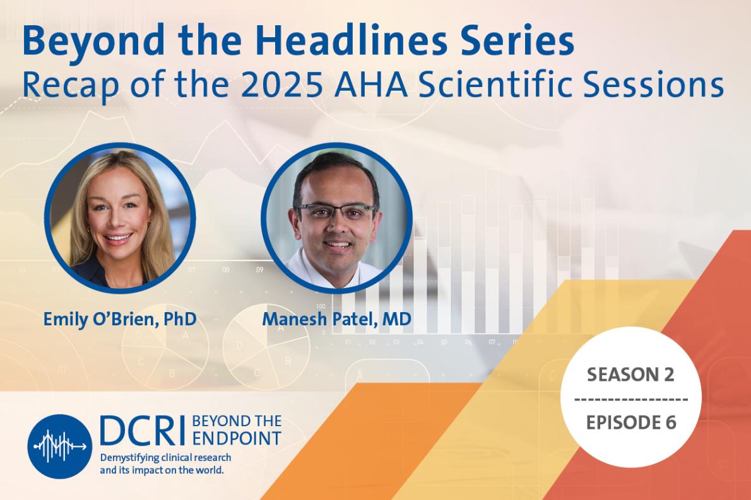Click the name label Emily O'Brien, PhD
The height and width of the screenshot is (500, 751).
click(x=120, y=319)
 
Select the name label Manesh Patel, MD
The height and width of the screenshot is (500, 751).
click(x=336, y=319)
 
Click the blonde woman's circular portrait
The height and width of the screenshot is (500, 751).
click(x=120, y=218)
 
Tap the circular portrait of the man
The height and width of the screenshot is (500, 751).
click(x=336, y=218)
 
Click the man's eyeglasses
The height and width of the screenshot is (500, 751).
click(x=336, y=210)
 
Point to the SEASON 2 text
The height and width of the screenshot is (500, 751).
click(x=630, y=375)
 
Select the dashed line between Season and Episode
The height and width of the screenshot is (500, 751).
click(x=630, y=399)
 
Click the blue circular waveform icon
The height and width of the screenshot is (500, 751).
click(x=59, y=446)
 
